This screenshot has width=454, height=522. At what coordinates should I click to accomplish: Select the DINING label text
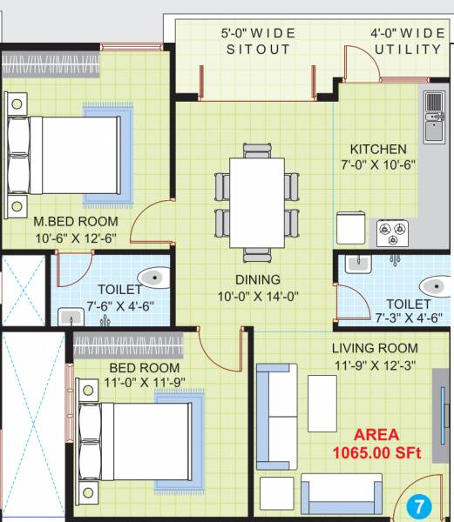point(258,280)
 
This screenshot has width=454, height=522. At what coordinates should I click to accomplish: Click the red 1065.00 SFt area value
point(376,453)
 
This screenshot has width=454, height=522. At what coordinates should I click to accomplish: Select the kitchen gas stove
point(392,232)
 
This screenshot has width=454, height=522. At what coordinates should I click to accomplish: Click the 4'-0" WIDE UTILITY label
point(407,41)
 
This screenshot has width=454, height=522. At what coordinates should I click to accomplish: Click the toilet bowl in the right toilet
point(434,286)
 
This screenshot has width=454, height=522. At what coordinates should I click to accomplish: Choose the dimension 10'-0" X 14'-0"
point(258,296)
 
